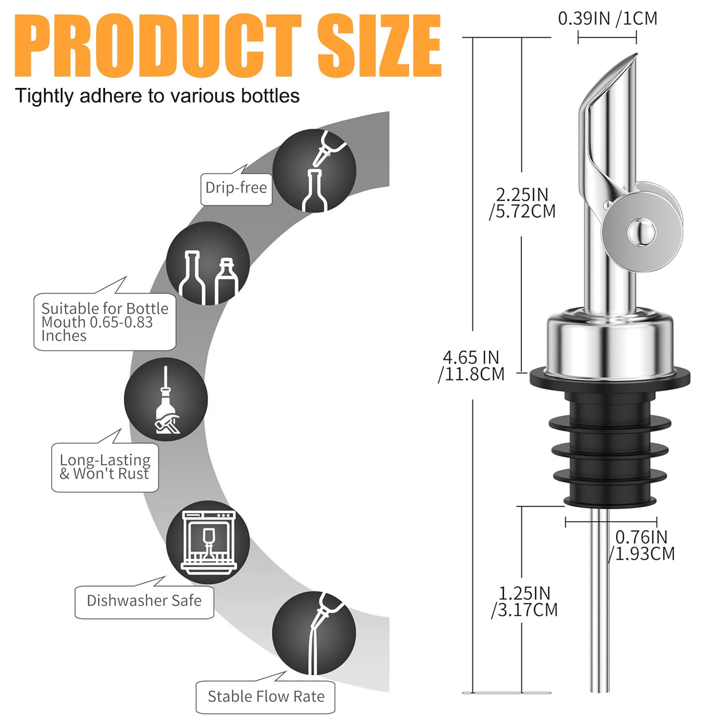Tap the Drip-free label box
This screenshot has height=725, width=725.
(236, 188)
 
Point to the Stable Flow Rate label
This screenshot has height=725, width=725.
(266, 696)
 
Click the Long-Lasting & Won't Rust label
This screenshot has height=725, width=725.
(105, 467)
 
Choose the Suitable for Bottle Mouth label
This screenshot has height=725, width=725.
(105, 322)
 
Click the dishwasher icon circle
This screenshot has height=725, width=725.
(208, 542)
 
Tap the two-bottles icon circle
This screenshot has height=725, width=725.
(208, 263)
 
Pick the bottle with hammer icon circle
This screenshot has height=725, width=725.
(166, 399)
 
